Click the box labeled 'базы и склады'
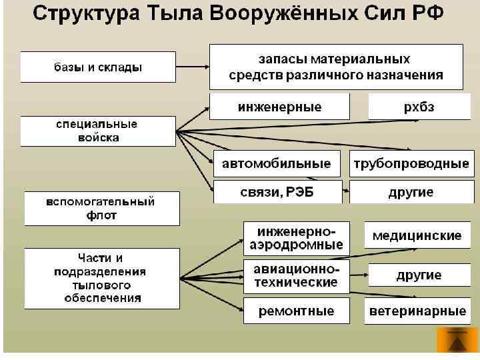point(99,67)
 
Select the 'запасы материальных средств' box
point(336,67)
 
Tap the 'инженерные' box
point(279,107)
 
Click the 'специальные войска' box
point(97,131)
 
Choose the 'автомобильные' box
point(276,163)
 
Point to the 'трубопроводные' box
point(411,163)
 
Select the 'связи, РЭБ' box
point(277,192)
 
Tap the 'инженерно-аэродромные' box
point(296,237)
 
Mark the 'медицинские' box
point(417,236)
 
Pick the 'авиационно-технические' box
point(296,275)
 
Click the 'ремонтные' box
point(296,311)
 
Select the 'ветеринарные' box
point(417,311)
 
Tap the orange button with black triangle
point(457,341)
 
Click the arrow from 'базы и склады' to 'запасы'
point(194,67)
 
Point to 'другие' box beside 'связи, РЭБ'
point(411,192)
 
